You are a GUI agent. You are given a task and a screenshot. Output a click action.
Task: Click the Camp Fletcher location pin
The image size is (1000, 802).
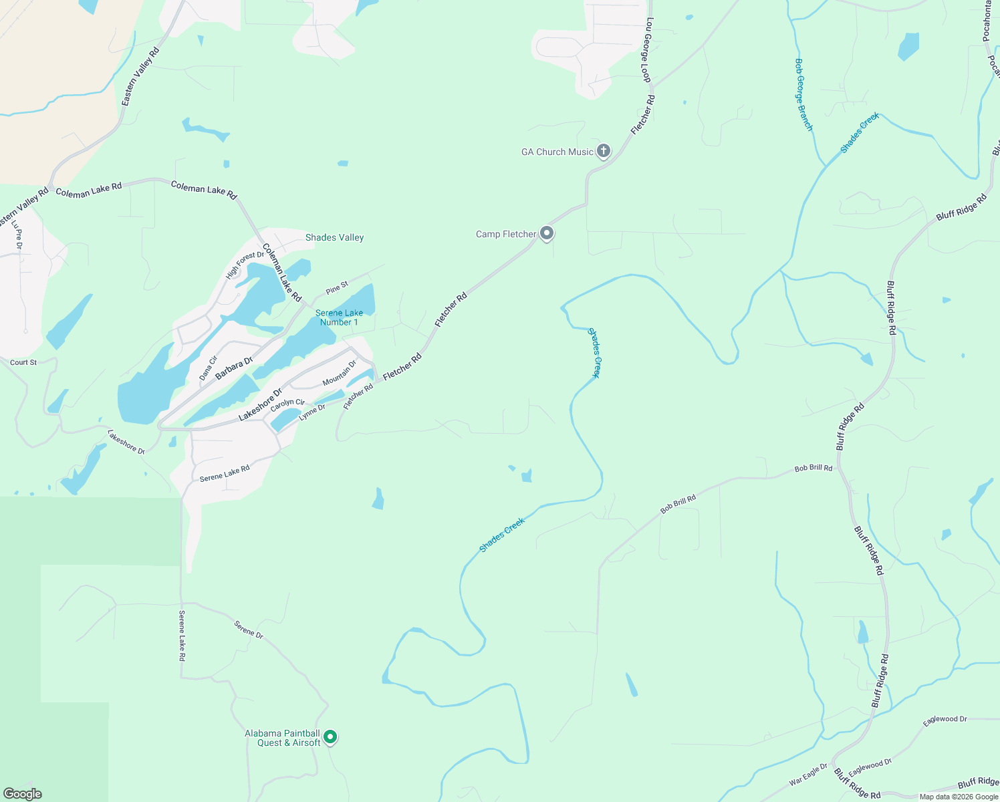(x=547, y=233)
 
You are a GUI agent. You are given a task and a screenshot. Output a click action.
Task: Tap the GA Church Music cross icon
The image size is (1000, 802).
(x=603, y=151)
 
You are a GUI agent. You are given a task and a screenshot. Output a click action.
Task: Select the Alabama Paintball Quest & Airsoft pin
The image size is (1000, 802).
(x=330, y=737)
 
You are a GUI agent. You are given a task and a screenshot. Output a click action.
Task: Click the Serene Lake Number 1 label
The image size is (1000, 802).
(x=339, y=317)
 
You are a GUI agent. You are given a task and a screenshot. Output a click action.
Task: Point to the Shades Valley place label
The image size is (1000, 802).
(x=334, y=237)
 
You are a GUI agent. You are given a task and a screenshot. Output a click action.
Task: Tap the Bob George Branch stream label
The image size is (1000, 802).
(x=803, y=94)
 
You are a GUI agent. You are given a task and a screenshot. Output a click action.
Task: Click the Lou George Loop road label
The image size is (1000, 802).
(x=646, y=50)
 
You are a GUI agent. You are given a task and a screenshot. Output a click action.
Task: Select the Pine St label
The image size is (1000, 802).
(x=337, y=288)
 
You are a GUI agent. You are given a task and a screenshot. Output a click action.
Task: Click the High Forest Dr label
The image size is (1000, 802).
(x=245, y=265)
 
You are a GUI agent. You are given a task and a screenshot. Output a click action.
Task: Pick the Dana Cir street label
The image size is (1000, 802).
(x=209, y=368)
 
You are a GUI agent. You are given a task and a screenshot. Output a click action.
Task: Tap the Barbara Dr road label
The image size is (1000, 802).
(x=234, y=368)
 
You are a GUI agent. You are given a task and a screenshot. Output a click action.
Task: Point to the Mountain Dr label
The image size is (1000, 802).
(x=340, y=373)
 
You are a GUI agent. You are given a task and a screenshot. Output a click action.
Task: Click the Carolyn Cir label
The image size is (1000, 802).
(x=287, y=404)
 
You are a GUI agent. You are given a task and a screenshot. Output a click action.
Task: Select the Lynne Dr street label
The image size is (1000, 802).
(x=312, y=412)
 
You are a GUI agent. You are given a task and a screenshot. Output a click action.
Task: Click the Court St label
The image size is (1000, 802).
(x=23, y=362)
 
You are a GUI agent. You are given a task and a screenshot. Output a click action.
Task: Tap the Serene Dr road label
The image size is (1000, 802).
(x=249, y=629)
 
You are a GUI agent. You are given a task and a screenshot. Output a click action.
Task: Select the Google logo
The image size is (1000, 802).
(x=23, y=794)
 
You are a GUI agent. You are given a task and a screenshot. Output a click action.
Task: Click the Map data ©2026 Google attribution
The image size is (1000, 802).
(x=959, y=797)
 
